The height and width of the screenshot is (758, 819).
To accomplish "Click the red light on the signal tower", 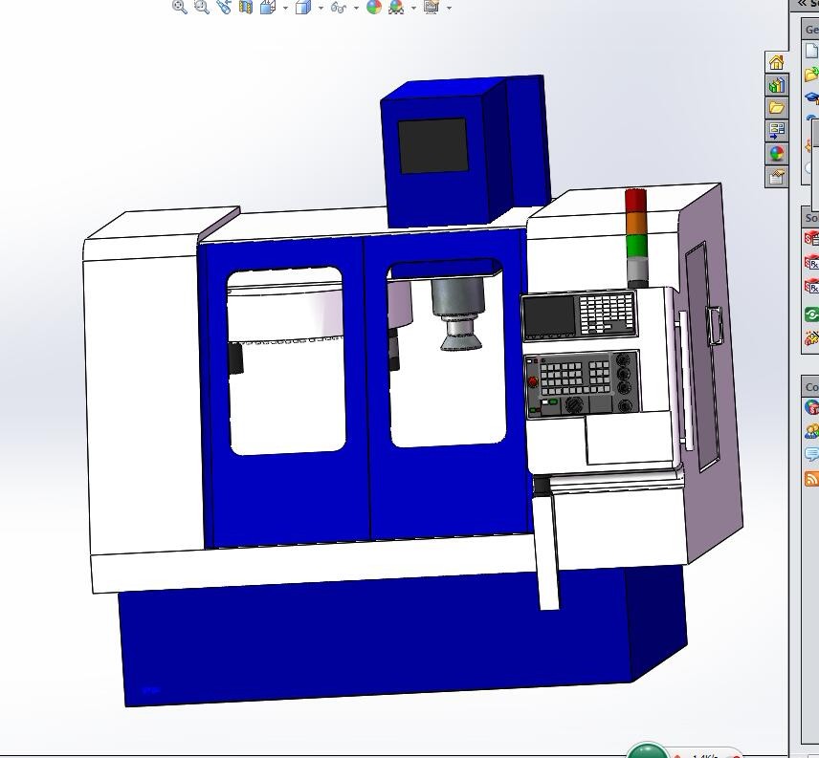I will [x=635, y=201].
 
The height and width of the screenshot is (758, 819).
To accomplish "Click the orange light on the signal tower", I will [x=635, y=224].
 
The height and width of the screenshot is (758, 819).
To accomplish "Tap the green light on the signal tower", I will [x=635, y=245].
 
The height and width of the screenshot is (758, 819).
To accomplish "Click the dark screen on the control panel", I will [x=549, y=316].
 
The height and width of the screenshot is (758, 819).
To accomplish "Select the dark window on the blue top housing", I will [x=432, y=145].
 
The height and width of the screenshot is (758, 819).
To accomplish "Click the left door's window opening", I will [x=286, y=363].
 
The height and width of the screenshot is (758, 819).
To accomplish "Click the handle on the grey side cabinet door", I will [x=714, y=325].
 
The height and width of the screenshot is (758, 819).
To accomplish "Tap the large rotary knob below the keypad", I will [x=574, y=405].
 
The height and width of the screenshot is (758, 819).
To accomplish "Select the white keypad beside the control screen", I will [x=607, y=313].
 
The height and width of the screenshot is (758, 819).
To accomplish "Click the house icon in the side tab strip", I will [x=776, y=62].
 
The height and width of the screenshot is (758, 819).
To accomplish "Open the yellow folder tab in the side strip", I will [x=776, y=107].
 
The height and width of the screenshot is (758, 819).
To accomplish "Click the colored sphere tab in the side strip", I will [x=776, y=153].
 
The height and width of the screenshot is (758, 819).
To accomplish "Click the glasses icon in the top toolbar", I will [x=338, y=8].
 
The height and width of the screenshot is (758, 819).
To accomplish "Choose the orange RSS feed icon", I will [x=811, y=478].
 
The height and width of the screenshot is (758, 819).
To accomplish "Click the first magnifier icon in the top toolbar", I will [x=179, y=7].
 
